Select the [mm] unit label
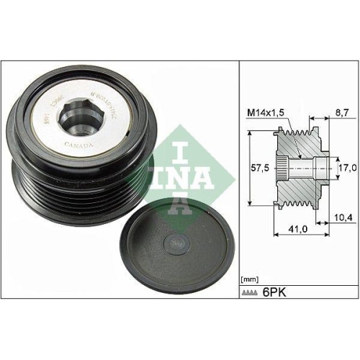[249, 277]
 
